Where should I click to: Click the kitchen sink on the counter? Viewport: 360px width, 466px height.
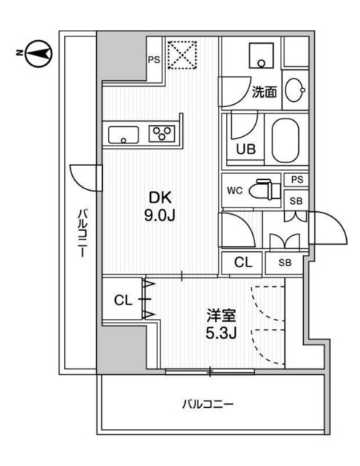click(x=125, y=134)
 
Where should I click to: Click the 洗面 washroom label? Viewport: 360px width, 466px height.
click(x=264, y=92)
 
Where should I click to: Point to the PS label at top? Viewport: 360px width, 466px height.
click(x=154, y=60)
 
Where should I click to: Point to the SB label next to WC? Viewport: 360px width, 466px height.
click(x=296, y=201)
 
